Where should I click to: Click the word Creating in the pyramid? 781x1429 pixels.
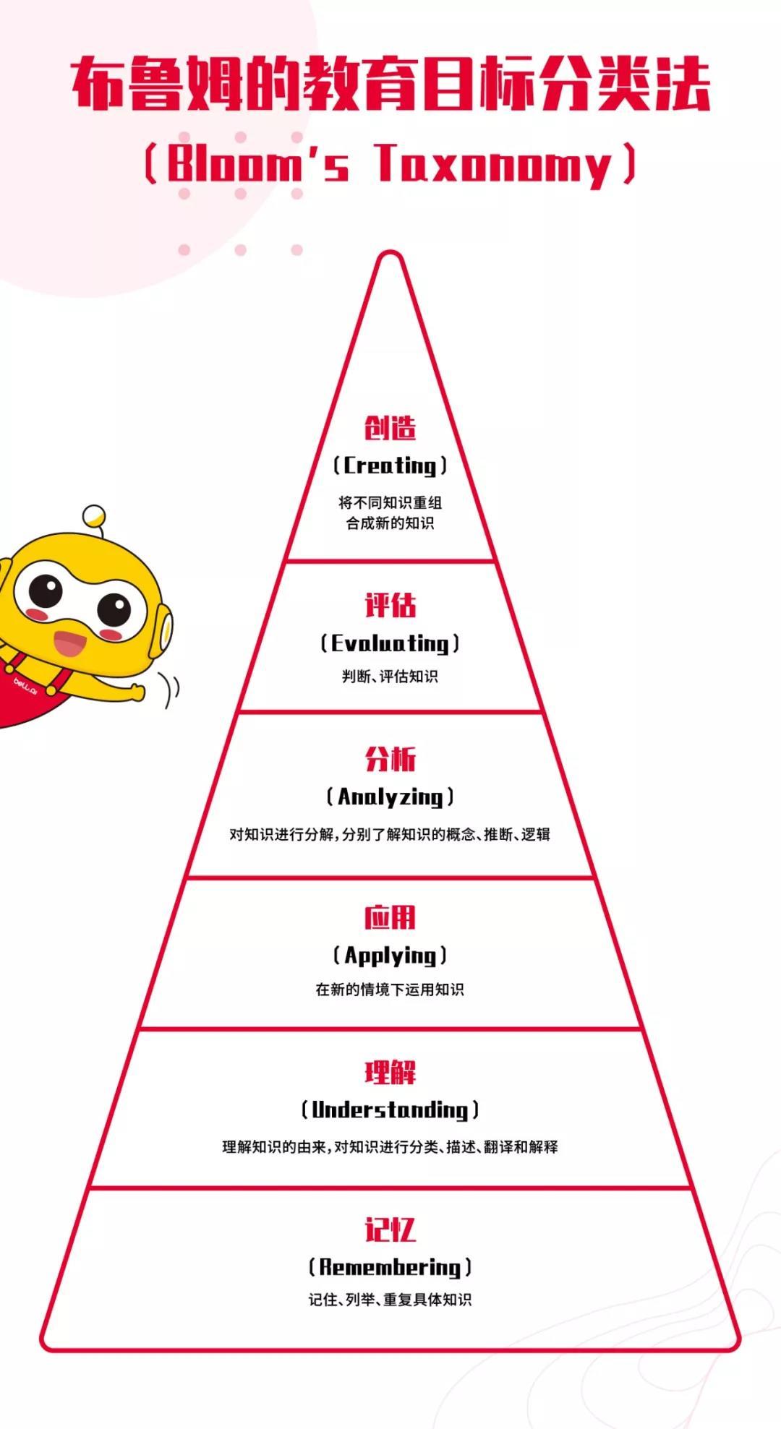point(390,465)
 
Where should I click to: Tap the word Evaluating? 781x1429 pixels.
point(390,643)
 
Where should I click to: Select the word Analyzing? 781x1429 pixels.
point(390,797)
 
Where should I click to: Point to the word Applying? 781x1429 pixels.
point(390,955)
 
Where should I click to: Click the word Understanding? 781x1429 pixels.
point(390,1110)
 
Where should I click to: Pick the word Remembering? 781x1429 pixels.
point(390,1266)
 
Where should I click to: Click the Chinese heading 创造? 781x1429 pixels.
point(390,428)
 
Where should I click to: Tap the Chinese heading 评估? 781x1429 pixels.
point(390,605)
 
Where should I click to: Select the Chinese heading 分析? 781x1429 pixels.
point(390,759)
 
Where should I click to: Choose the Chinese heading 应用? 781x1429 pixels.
point(390,917)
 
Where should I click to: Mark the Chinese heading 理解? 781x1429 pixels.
point(390,1072)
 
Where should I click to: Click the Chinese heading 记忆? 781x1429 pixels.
point(390,1229)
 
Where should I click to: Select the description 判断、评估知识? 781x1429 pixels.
point(390,677)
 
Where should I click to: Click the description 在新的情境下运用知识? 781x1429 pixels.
point(390,990)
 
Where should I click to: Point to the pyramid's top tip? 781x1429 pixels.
point(390,255)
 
